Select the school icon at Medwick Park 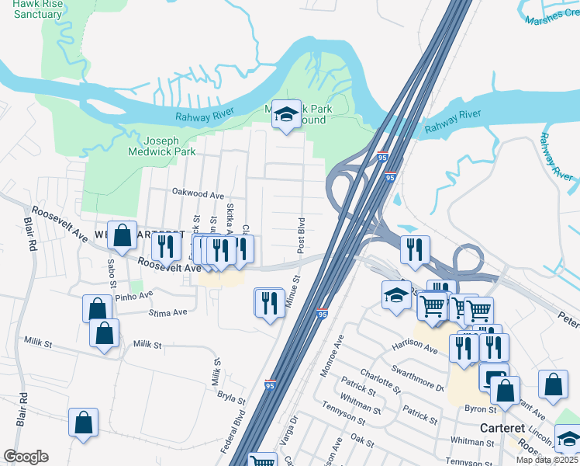tap(286, 116)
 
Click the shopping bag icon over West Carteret tap(122, 235)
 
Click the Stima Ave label tap(169, 313)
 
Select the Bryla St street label tap(231, 397)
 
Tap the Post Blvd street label tap(301, 231)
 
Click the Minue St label tap(294, 291)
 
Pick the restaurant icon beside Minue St tap(269, 302)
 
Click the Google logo tap(26, 457)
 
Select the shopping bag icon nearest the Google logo tap(83, 423)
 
